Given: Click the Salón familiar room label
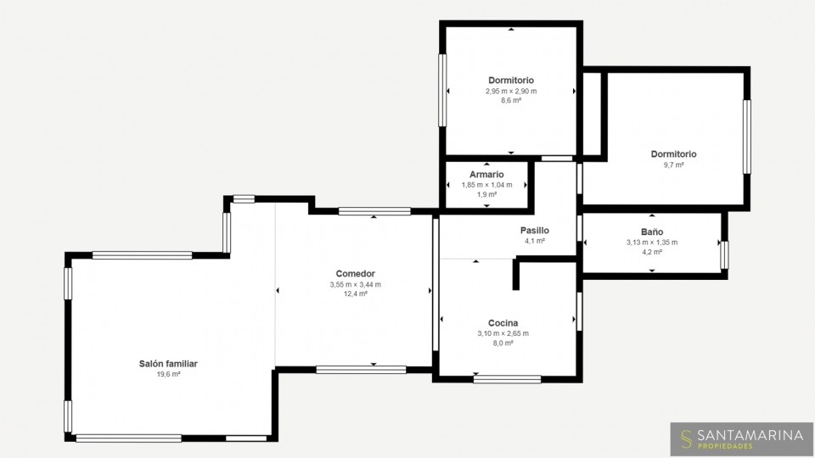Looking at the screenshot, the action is click(168, 364).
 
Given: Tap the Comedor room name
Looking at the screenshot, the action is click(356, 274).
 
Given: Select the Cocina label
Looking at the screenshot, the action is click(503, 323).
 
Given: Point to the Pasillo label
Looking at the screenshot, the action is click(534, 230).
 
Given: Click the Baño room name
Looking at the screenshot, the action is click(652, 232).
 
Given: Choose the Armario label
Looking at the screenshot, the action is click(486, 175).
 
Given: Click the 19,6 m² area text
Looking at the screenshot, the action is click(168, 374).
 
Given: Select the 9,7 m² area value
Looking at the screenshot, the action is click(673, 165).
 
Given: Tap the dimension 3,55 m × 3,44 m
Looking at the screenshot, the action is click(356, 285).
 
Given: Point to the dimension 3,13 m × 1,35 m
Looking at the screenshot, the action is click(652, 242).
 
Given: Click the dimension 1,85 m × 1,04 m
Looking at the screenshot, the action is click(486, 185).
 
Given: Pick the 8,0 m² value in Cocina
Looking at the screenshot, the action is click(503, 343).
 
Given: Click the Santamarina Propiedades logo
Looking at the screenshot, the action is click(742, 438).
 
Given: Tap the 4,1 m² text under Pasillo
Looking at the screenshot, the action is click(534, 241).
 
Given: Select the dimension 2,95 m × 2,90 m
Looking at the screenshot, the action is click(511, 91).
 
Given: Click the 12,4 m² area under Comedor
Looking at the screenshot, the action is click(356, 294).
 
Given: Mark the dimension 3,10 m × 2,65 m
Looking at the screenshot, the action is click(503, 333).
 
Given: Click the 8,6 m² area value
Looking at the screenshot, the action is click(511, 100).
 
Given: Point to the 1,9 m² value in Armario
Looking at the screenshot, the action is click(486, 195).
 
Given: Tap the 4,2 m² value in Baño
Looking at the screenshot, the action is click(652, 252).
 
